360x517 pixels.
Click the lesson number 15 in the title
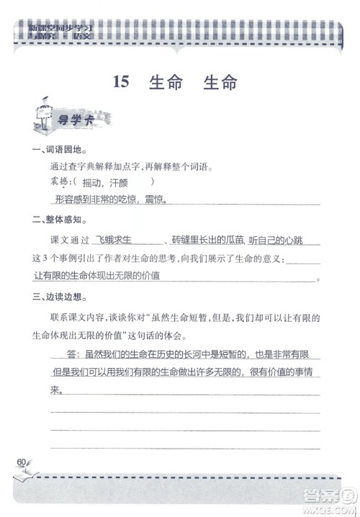[121, 82]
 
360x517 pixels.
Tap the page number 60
[20, 462]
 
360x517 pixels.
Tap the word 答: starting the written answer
[75, 355]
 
